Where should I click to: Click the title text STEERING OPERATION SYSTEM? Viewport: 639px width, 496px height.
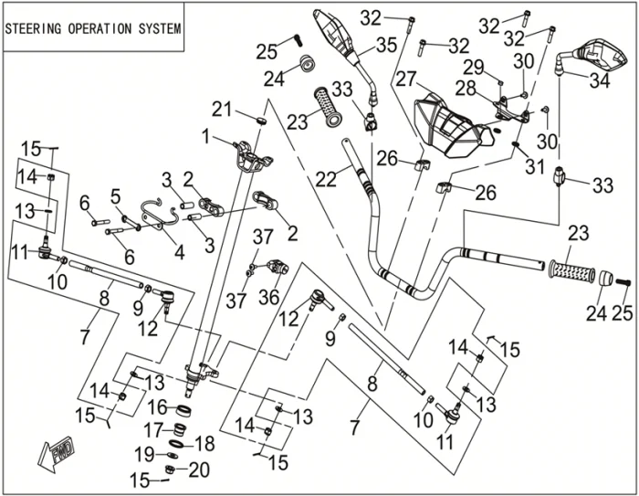click(x=93, y=28)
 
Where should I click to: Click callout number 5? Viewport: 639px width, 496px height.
click(x=116, y=195)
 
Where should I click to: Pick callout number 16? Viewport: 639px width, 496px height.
click(x=156, y=406)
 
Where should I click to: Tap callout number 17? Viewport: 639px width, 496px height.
click(x=156, y=429)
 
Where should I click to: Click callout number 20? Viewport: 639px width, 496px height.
click(x=198, y=470)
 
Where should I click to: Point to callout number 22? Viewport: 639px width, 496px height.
click(x=326, y=180)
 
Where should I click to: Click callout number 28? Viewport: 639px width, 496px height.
click(x=466, y=88)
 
